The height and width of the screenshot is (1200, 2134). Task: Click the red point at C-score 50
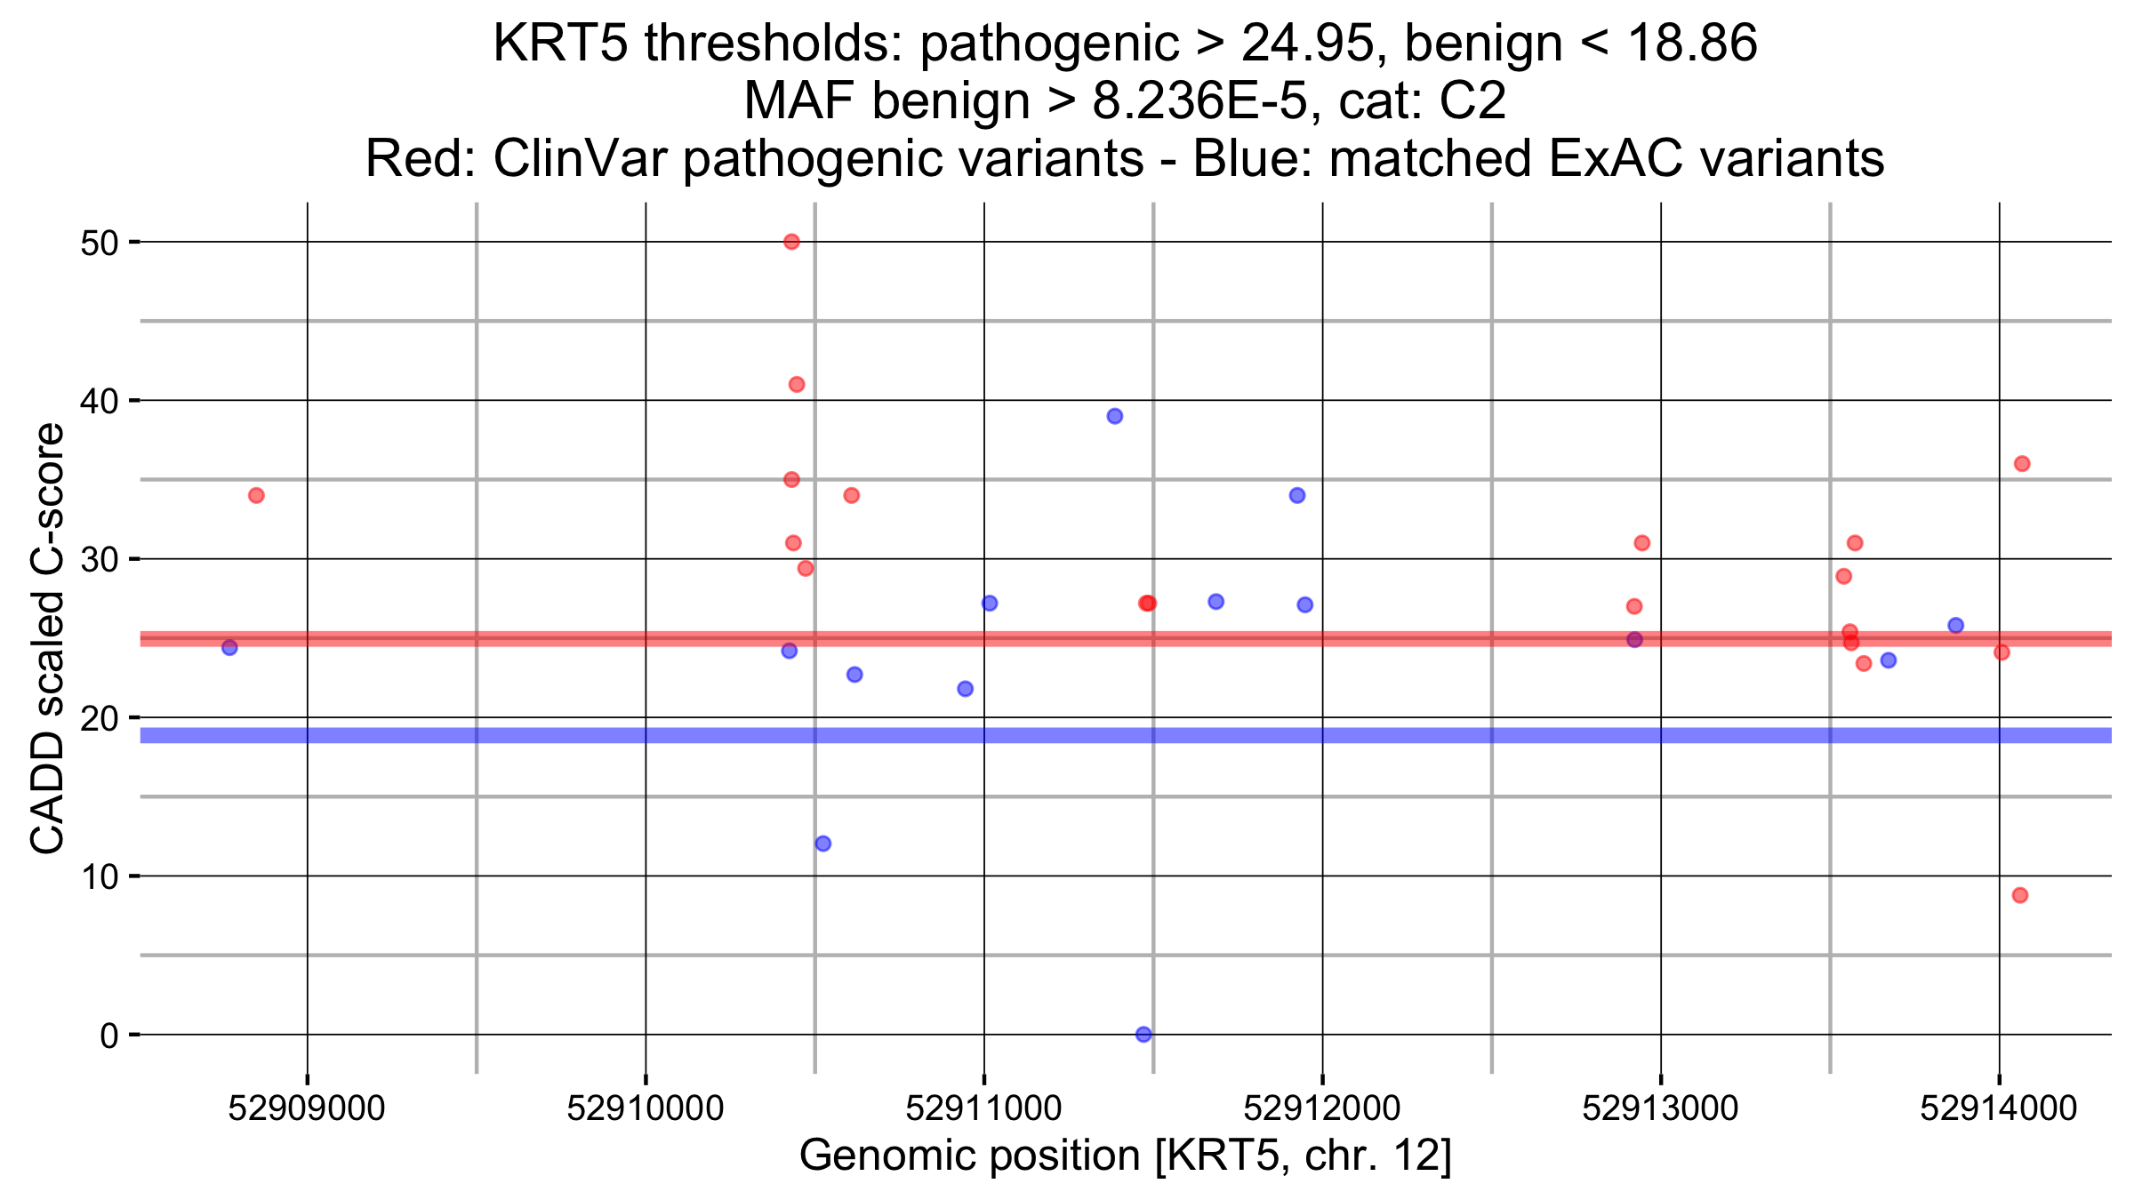pos(791,242)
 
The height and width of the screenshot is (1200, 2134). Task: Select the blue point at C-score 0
pos(1143,1035)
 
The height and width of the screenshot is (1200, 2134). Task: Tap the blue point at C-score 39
pos(1115,416)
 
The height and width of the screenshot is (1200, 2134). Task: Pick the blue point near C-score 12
pos(823,844)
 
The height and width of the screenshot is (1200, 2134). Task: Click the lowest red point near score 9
pos(2020,895)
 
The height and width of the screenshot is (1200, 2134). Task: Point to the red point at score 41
pos(797,385)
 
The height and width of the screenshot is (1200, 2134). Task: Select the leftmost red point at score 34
pos(256,495)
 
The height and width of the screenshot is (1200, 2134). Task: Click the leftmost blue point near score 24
pos(229,647)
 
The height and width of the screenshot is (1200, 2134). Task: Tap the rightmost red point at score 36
pos(2022,464)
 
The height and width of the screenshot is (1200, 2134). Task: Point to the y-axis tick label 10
pos(99,877)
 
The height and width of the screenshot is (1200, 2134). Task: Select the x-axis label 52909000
pos(307,1108)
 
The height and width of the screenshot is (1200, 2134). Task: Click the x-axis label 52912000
pos(1322,1108)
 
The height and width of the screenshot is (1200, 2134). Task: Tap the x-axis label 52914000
pos(1999,1108)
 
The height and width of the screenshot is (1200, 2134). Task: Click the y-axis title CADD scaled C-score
pos(48,637)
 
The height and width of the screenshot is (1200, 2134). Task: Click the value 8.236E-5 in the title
pos(1200,100)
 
